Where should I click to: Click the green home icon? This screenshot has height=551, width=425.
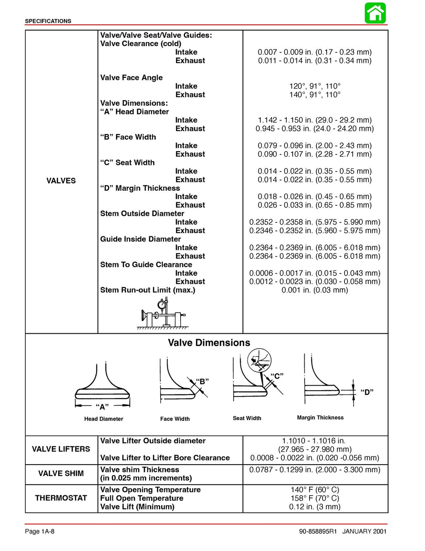tap(375, 13)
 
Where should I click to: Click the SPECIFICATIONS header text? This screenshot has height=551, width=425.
tap(48, 21)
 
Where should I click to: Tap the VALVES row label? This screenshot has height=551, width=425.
tap(61, 181)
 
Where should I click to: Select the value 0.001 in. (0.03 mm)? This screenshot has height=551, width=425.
tap(315, 290)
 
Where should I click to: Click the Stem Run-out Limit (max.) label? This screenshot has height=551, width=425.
tap(147, 290)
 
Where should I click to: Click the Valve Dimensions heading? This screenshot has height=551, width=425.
tap(209, 343)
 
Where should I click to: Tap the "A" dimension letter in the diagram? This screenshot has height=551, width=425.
tap(102, 407)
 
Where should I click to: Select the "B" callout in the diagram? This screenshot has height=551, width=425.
tap(202, 381)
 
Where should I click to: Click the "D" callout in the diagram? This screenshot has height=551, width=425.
tap(367, 392)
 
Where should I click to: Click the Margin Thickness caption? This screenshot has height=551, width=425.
tap(320, 418)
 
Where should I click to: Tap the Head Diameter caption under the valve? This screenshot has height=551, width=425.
tap(103, 419)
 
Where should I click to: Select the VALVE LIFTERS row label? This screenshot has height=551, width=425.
tap(61, 449)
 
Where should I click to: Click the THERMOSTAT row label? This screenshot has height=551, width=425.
tap(61, 498)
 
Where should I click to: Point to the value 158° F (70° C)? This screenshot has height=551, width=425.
tap(315, 498)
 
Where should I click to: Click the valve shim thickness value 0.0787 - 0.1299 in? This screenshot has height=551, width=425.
tap(315, 470)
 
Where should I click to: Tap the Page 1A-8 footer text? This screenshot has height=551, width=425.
tap(39, 531)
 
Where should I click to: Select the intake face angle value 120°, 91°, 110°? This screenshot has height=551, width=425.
tap(315, 86)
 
